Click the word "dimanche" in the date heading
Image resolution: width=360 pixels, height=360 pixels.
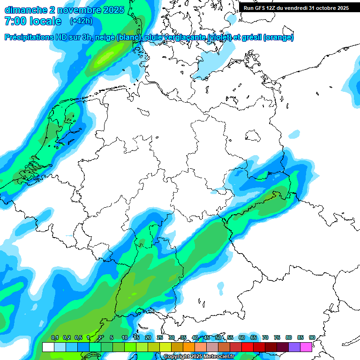[25, 10]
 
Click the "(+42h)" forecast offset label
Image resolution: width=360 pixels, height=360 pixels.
[81, 21]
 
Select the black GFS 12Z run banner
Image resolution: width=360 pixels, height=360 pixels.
[296, 7]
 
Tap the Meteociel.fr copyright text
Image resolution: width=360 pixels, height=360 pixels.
[199, 357]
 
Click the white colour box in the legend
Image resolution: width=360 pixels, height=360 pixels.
[48, 347]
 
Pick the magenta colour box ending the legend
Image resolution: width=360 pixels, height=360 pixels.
[306, 347]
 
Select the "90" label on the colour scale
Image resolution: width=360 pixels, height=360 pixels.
[312, 338]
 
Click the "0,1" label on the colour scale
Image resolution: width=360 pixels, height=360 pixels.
[54, 338]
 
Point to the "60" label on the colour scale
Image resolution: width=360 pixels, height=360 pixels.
[242, 338]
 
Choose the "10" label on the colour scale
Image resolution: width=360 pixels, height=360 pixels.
[124, 338]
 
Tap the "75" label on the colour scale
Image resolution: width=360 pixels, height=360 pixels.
[277, 338]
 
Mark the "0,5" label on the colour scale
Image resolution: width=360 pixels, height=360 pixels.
[78, 338]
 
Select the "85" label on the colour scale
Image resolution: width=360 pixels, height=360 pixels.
[300, 338]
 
